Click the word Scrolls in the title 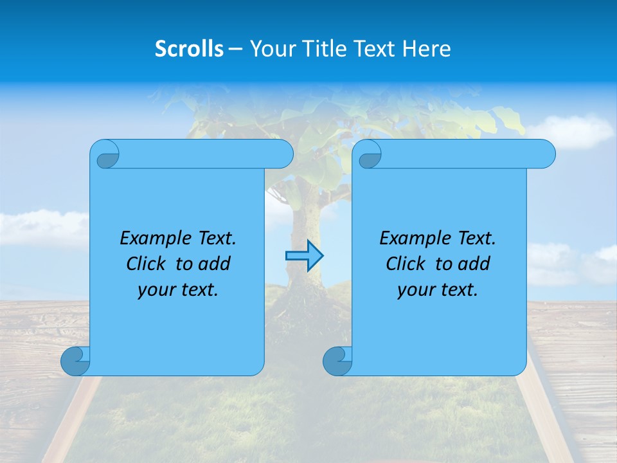coord(189,49)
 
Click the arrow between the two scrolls coord(304,256)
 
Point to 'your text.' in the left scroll coord(178,289)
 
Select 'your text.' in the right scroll coord(438,289)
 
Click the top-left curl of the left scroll coord(106,155)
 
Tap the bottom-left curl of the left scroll coord(75,361)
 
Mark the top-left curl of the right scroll coord(369,155)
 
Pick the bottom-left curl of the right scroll coord(337,361)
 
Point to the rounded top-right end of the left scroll coord(283,154)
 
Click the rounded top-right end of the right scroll coord(546,154)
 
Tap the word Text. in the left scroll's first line coord(215,239)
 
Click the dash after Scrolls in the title coord(236,49)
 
